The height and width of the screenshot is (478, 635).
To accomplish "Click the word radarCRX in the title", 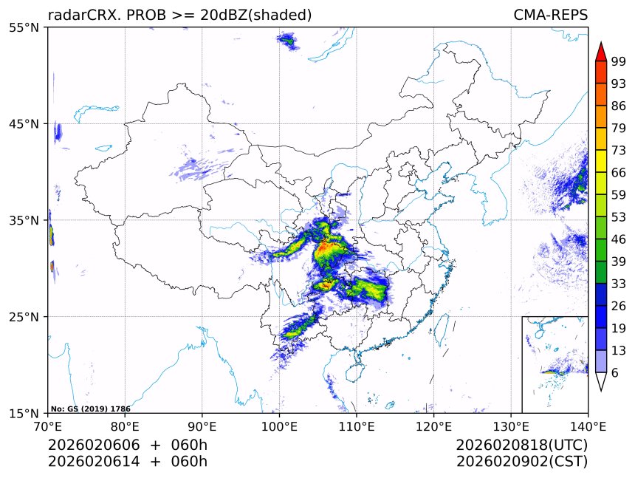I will pos(78,15).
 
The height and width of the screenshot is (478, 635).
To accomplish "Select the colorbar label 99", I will pos(619,61).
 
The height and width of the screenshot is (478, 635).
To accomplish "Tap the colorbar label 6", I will pos(615,373).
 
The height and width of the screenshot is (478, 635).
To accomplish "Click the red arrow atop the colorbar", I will pos(601,51).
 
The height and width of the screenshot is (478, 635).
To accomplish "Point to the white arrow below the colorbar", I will pos(601,381).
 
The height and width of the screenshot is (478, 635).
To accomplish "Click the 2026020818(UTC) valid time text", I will pos(522,445).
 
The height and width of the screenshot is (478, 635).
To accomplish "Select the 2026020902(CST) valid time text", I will pos(522,462).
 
